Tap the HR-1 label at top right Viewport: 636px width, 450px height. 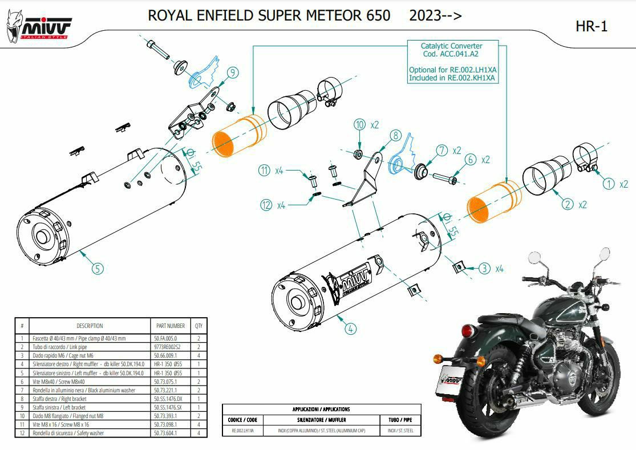(592, 26)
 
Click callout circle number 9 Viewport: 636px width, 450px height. (232, 72)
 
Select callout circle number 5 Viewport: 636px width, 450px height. (98, 267)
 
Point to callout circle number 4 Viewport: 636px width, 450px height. (350, 328)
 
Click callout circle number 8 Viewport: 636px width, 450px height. (396, 135)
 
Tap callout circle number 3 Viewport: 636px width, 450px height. (484, 268)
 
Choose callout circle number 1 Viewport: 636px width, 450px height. (609, 184)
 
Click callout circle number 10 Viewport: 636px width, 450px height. (359, 124)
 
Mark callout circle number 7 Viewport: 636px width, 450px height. (441, 151)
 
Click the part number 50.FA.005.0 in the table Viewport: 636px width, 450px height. (165, 339)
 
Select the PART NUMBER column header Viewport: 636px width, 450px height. (170, 326)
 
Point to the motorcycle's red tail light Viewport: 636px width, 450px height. (469, 331)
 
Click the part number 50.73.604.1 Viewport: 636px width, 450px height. (165, 433)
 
